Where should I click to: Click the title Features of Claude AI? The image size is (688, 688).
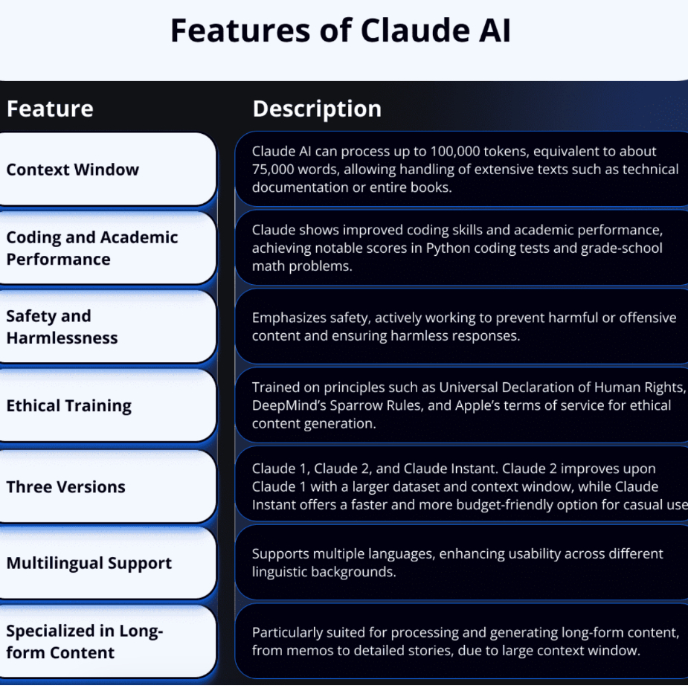(x=341, y=30)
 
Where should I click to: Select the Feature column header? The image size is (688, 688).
(x=50, y=109)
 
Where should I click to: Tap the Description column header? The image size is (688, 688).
(x=317, y=109)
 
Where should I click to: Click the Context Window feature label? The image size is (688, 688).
(x=72, y=170)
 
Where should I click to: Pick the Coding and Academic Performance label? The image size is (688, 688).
(x=92, y=248)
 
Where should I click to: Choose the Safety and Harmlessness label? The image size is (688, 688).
(x=62, y=327)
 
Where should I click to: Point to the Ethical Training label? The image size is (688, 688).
(x=69, y=406)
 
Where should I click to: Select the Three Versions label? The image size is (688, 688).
(x=65, y=487)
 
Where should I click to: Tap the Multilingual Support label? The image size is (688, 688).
(x=89, y=563)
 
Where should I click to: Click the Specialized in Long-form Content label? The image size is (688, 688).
(x=85, y=641)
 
